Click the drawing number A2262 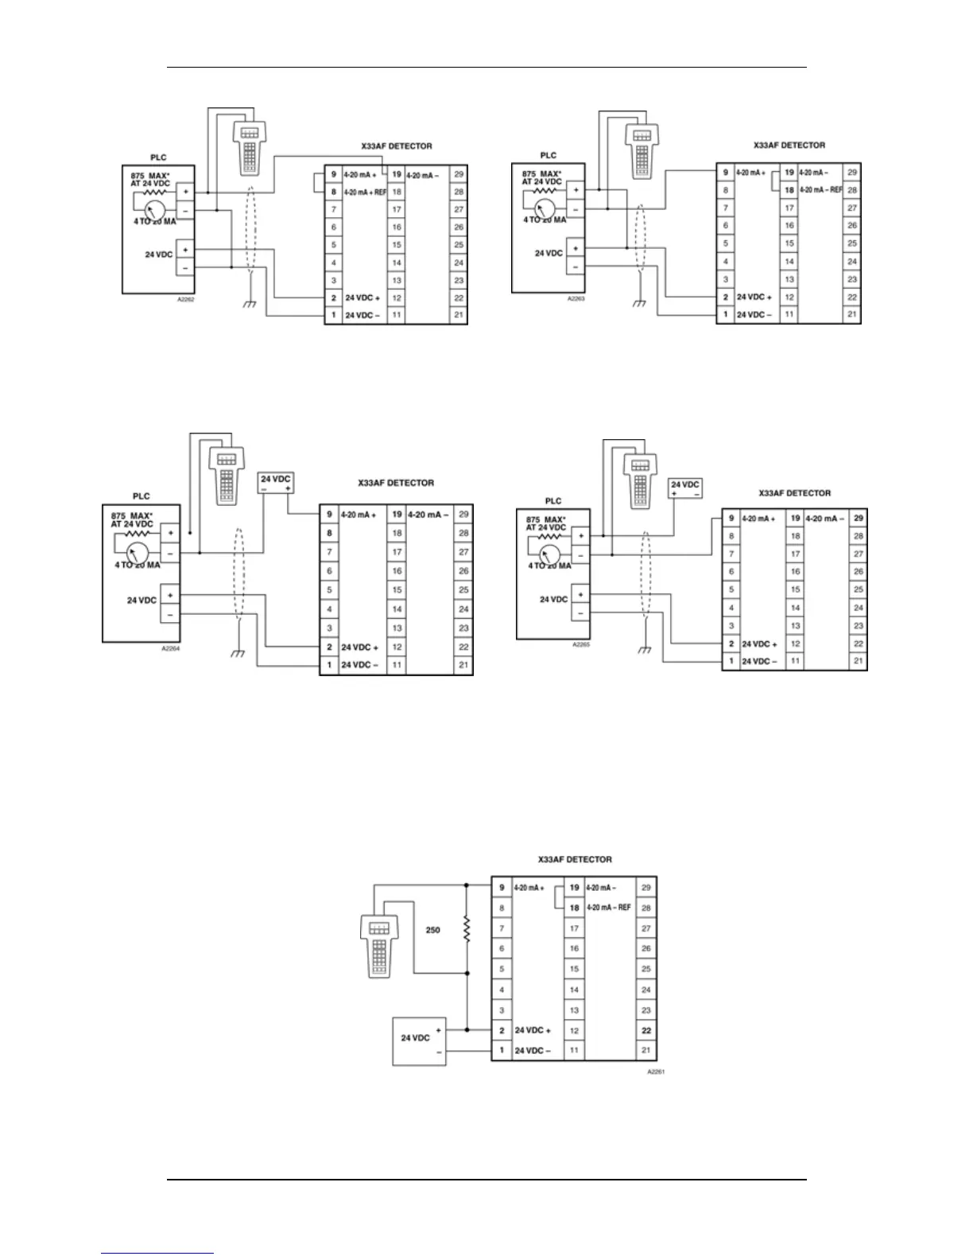tap(185, 301)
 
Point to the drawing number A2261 tap(655, 1072)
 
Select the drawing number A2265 tap(580, 644)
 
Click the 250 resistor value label tap(432, 930)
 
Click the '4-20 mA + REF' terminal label tap(364, 192)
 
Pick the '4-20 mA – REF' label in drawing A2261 tap(608, 908)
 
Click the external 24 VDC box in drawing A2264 tap(277, 483)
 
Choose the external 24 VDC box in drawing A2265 tap(685, 488)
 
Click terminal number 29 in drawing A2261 tap(646, 887)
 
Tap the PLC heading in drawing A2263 tap(549, 155)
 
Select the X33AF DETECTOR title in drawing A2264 tap(396, 483)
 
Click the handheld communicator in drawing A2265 tap(638, 482)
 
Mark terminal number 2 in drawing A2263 tap(725, 297)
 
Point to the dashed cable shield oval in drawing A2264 tap(238, 580)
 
